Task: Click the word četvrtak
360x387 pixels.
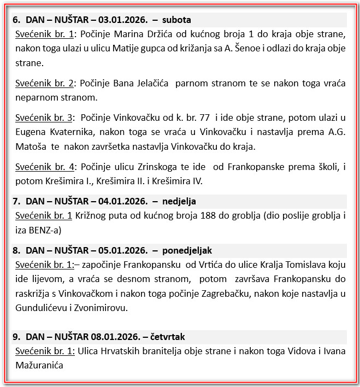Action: pos(167,337)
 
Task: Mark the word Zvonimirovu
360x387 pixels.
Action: pos(101,308)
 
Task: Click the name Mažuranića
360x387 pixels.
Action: pos(40,365)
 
